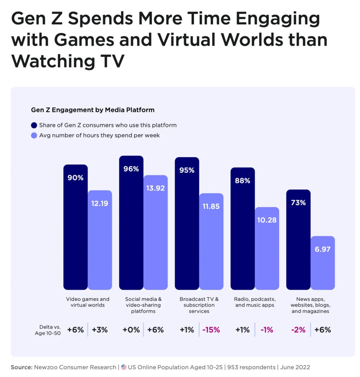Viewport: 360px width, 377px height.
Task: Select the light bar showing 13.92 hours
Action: (155, 232)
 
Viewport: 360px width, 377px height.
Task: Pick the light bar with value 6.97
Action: (323, 263)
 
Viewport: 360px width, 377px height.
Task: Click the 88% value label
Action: (242, 181)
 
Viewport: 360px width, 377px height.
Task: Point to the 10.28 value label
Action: (267, 220)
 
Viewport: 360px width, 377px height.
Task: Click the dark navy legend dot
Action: (34, 125)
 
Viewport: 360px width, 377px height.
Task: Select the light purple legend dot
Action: (34, 135)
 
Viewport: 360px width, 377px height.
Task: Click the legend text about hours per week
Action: (99, 135)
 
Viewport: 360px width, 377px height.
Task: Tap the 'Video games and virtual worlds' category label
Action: (88, 302)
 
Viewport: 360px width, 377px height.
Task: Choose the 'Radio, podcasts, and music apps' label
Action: (255, 302)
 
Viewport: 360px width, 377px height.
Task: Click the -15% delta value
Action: (211, 330)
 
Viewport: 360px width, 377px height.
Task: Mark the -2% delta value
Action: (298, 330)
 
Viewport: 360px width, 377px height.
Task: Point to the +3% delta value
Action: (99, 330)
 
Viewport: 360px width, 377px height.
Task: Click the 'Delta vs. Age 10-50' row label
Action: (50, 330)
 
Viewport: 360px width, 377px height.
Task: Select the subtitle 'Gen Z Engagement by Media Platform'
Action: (92, 110)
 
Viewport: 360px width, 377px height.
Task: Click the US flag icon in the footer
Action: (124, 367)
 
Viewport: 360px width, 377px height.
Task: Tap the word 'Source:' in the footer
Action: (21, 367)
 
